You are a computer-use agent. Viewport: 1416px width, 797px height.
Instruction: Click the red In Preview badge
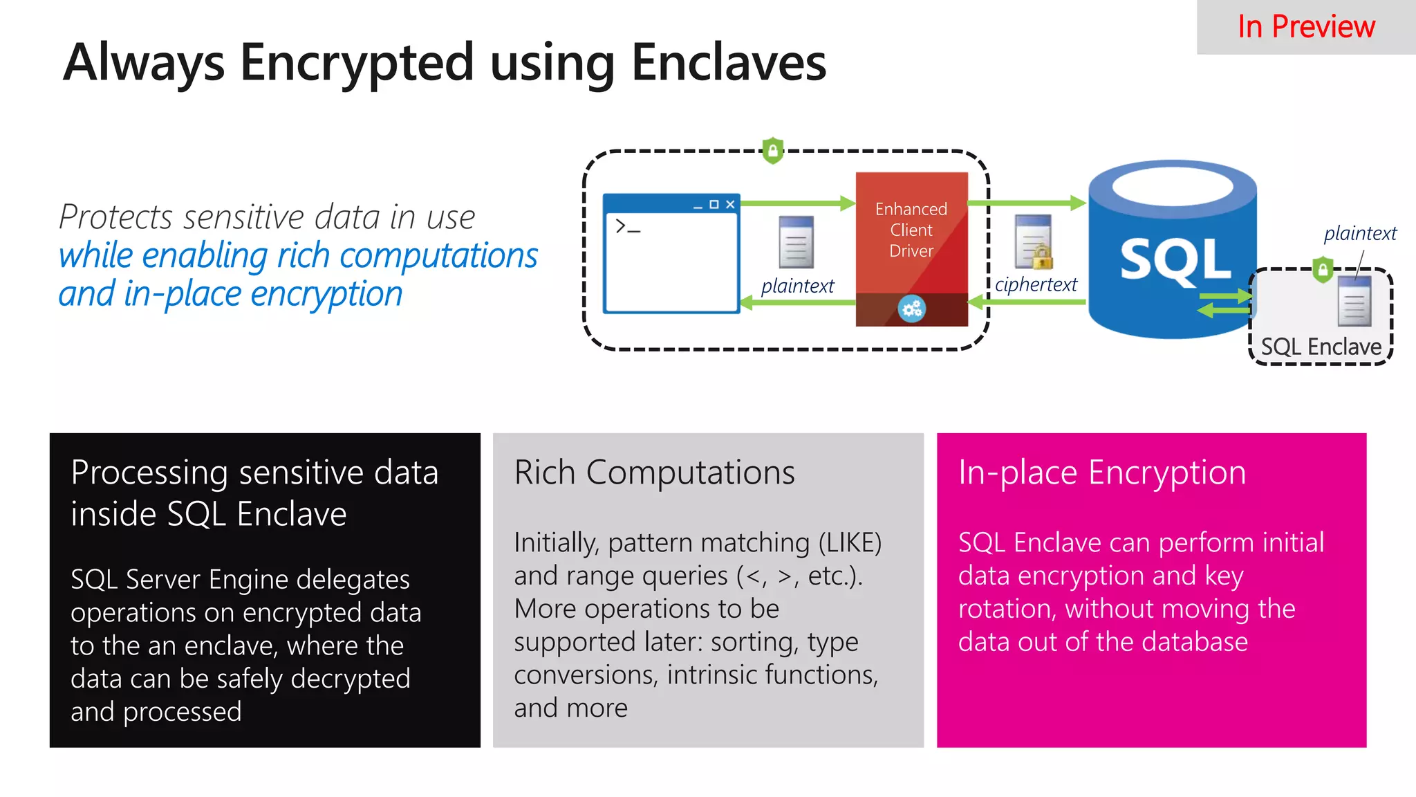(x=1305, y=27)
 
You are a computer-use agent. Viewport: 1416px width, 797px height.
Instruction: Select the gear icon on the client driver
(x=911, y=309)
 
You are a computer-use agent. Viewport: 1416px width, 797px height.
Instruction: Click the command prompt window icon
(x=671, y=254)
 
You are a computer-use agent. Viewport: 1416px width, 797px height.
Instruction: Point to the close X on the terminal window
(x=730, y=204)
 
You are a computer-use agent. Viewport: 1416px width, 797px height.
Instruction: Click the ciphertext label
(x=1036, y=284)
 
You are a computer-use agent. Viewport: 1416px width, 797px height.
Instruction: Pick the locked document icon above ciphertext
(x=1034, y=242)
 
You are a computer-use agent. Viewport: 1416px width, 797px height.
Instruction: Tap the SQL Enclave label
(x=1321, y=347)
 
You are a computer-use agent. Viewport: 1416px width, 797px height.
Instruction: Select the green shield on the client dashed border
(x=772, y=150)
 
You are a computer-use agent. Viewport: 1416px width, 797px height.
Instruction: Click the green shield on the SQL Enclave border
(x=1323, y=269)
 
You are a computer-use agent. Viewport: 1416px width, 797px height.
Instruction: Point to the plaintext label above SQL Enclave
(x=1360, y=233)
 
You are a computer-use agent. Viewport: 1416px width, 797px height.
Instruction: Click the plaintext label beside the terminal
(x=797, y=286)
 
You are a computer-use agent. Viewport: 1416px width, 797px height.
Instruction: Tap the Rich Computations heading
(x=654, y=473)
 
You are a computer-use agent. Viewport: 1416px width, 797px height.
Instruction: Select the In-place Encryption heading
(x=1101, y=473)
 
